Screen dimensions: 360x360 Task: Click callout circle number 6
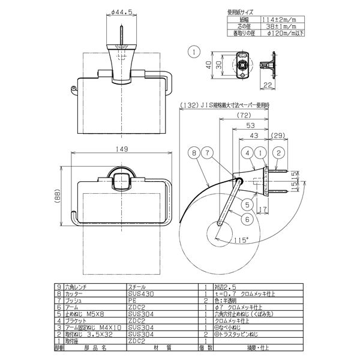[247, 219]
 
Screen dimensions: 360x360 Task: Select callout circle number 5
[247, 203]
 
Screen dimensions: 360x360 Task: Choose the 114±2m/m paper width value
[281, 19]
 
